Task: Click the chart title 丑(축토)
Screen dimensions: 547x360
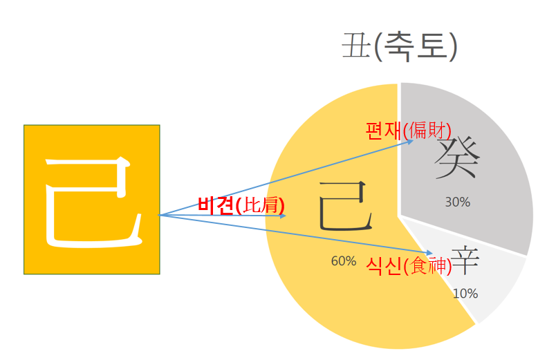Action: click(399, 47)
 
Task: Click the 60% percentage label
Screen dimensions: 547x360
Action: click(344, 261)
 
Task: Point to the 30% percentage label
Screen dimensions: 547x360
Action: click(457, 202)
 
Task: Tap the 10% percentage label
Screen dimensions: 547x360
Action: click(465, 293)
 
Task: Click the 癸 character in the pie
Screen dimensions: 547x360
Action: click(457, 158)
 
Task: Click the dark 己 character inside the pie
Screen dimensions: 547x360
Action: click(346, 206)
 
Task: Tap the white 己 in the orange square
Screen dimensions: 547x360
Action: click(91, 200)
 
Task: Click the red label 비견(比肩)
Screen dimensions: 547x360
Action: click(241, 205)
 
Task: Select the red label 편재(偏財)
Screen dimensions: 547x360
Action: click(408, 130)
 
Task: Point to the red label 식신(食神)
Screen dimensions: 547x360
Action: click(409, 267)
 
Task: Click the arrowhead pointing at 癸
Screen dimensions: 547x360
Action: click(411, 140)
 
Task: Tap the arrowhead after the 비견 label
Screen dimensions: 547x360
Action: click(283, 216)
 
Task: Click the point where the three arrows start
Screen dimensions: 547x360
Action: click(160, 216)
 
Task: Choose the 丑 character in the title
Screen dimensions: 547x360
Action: click(354, 47)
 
